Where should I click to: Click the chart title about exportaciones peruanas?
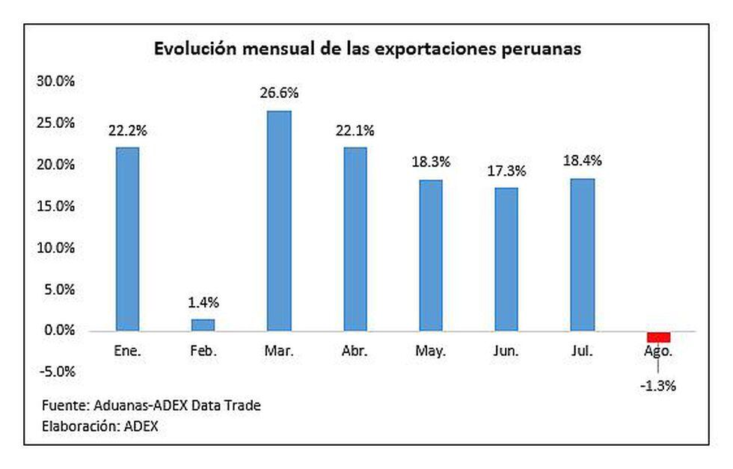[x=367, y=50]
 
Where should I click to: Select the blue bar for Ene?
[x=127, y=239]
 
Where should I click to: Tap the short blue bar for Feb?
[x=203, y=325]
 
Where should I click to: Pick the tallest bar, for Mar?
[x=279, y=221]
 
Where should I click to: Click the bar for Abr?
[x=355, y=239]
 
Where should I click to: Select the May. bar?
[x=431, y=255]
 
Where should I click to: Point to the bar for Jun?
[x=506, y=259]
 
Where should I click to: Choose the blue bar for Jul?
[x=582, y=254]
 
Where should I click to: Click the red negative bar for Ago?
[x=658, y=336]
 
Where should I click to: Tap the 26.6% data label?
[x=279, y=94]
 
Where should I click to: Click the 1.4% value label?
[x=203, y=302]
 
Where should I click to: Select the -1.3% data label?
[x=657, y=386]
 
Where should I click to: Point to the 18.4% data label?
[x=583, y=160]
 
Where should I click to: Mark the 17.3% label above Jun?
[x=506, y=171]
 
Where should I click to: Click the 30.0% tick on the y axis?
[x=56, y=82]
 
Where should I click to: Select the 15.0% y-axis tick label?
[x=56, y=206]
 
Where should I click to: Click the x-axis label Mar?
[x=279, y=351]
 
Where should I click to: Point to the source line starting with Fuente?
[x=151, y=405]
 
